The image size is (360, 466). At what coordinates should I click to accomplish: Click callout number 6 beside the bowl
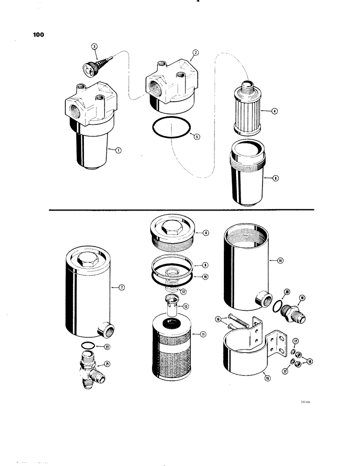[276, 178]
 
